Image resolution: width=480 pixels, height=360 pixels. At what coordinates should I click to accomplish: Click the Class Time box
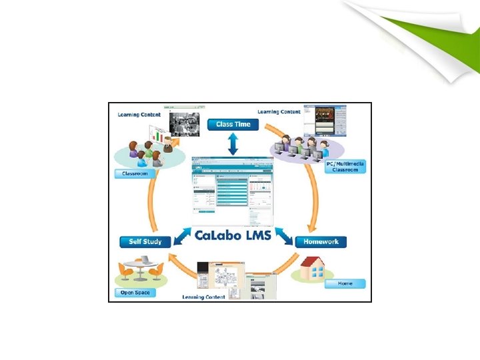(x=233, y=124)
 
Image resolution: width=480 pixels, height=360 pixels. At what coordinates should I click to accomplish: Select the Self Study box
(x=145, y=241)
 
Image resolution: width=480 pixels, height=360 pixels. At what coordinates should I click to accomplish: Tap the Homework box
(x=321, y=241)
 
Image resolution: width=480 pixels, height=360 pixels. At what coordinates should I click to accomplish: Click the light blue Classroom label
(x=135, y=174)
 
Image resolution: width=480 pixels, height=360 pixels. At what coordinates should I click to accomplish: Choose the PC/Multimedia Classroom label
(x=345, y=167)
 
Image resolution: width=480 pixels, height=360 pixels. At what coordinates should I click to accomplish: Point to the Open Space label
(x=135, y=293)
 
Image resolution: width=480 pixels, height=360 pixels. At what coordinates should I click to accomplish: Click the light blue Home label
(x=345, y=283)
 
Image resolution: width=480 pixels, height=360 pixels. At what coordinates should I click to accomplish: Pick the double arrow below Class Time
(x=233, y=143)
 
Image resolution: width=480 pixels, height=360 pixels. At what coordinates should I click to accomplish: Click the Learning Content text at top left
(x=139, y=115)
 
